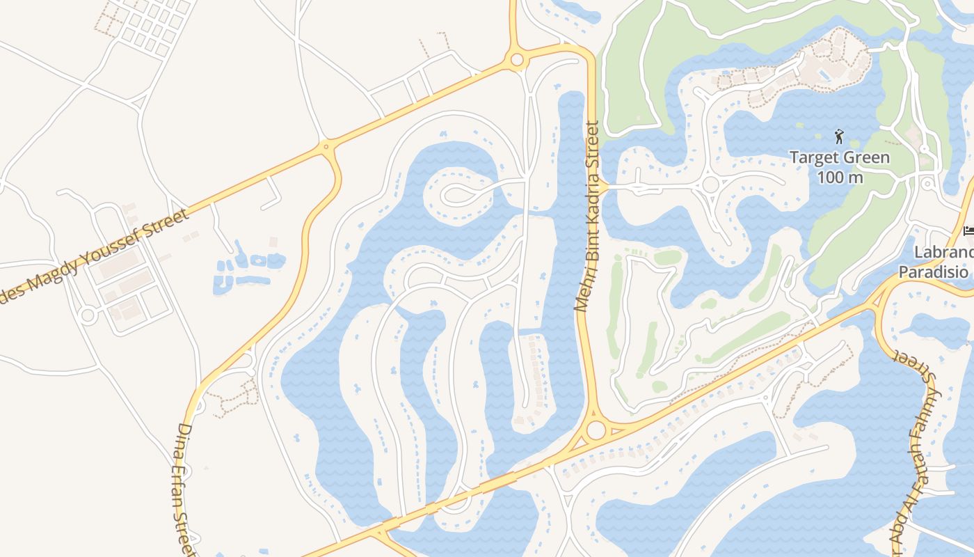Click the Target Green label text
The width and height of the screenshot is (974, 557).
[x=840, y=158]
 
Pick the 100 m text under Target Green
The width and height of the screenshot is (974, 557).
[x=840, y=178]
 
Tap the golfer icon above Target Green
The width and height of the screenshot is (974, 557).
[x=839, y=136]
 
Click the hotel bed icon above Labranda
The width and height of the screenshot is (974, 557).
[x=968, y=230]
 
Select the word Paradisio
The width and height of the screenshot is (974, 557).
[x=933, y=272]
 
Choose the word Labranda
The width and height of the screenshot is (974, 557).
[x=943, y=251]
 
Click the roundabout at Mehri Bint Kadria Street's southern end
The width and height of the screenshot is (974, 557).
[x=596, y=430]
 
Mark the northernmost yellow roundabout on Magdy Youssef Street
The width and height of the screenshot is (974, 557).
[x=516, y=60]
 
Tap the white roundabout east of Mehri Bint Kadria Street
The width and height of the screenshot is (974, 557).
[x=710, y=185]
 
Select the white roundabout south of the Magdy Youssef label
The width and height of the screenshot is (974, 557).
[x=87, y=315]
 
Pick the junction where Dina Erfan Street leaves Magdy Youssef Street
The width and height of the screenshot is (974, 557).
[x=326, y=147]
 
